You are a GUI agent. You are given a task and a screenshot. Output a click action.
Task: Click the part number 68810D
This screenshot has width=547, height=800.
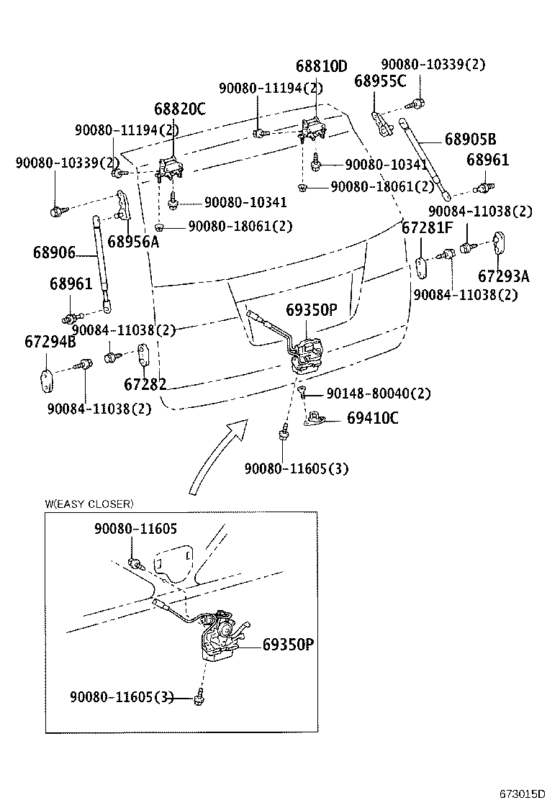pyautogui.click(x=321, y=66)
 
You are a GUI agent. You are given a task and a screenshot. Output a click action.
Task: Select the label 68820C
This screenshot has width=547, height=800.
pyautogui.click(x=179, y=109)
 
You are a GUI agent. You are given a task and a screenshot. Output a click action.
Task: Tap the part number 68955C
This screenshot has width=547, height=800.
pyautogui.click(x=380, y=81)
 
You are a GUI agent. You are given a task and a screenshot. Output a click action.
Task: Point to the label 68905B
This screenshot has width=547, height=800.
pyautogui.click(x=470, y=139)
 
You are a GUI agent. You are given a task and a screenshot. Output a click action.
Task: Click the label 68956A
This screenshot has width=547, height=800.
pyautogui.click(x=133, y=242)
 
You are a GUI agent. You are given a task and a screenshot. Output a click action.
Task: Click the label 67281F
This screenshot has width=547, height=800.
pyautogui.click(x=427, y=229)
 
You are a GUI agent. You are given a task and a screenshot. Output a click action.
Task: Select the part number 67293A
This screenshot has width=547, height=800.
pyautogui.click(x=503, y=277)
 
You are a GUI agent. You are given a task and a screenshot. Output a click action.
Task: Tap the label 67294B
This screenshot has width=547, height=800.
pyautogui.click(x=50, y=342)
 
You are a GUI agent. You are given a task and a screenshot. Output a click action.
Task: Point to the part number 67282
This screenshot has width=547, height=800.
pyautogui.click(x=145, y=384)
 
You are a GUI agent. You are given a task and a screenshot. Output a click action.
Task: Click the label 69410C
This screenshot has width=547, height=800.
pyautogui.click(x=372, y=417)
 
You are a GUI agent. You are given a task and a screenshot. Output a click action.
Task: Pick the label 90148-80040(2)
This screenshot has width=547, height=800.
pyautogui.click(x=378, y=394)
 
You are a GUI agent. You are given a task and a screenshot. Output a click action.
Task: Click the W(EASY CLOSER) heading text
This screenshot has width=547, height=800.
pyautogui.click(x=89, y=504)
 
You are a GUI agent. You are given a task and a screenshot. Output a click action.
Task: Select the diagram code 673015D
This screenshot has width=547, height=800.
pyautogui.click(x=522, y=794)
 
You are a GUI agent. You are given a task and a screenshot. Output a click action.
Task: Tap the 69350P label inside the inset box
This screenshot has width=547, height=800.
pyautogui.click(x=288, y=645)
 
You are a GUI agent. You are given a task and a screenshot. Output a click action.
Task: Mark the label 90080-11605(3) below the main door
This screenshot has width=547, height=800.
pyautogui.click(x=296, y=468)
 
